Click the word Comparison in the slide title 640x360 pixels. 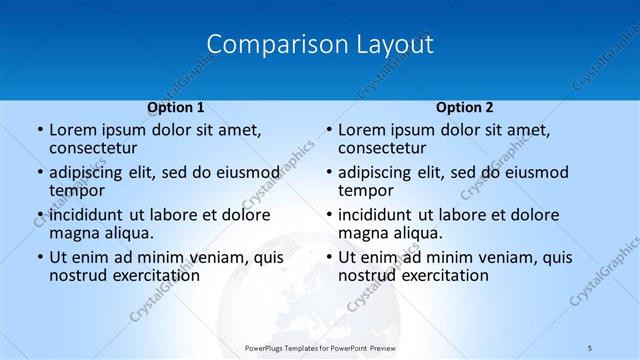pyautogui.click(x=267, y=45)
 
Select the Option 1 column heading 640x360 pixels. pyautogui.click(x=175, y=107)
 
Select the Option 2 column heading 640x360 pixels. pyautogui.click(x=464, y=107)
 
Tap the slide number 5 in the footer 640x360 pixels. pyautogui.click(x=590, y=347)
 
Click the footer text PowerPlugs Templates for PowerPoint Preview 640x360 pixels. pyautogui.click(x=320, y=347)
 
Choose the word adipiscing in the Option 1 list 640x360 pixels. pyautogui.click(x=90, y=172)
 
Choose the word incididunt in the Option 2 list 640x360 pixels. pyautogui.click(x=383, y=215)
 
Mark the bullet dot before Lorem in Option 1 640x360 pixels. pyautogui.click(x=39, y=131)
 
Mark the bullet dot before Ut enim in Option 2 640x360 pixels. pyautogui.click(x=328, y=258)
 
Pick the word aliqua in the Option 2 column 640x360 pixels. pyautogui.click(x=417, y=233)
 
